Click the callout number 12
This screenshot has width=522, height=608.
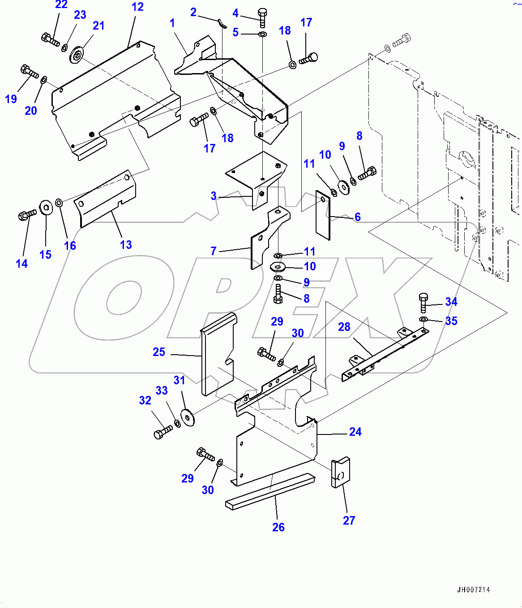[x=137, y=7]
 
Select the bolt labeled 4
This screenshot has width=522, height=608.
[x=263, y=17]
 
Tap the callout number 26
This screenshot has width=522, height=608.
[x=278, y=527]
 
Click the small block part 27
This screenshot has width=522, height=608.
[x=340, y=472]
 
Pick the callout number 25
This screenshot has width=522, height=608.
[x=159, y=352]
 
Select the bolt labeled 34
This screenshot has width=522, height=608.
[x=423, y=303]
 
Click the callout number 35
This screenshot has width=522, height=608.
[x=451, y=321]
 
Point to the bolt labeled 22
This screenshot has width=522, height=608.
[x=50, y=39]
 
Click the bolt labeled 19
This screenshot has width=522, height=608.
[x=30, y=71]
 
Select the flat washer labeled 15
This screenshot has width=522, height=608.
[x=46, y=208]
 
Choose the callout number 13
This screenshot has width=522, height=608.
[x=126, y=245]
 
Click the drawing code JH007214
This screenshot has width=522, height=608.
[x=473, y=590]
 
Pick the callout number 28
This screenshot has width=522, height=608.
[x=344, y=327]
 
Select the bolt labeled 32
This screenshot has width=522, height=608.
[x=163, y=432]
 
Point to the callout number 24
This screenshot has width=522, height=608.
[x=355, y=432]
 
